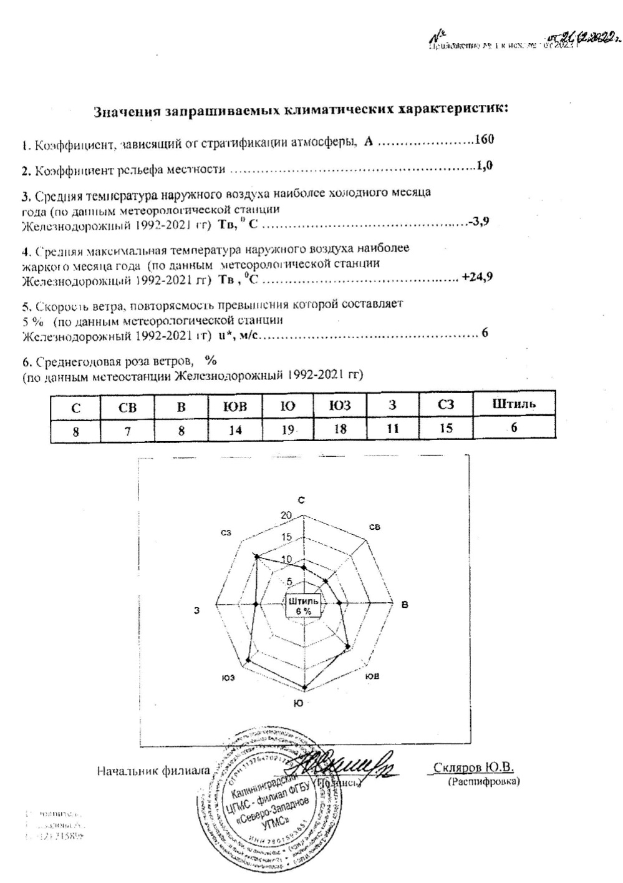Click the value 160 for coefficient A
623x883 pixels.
point(484,139)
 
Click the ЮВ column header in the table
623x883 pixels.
point(234,406)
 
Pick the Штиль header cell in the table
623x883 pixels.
point(513,404)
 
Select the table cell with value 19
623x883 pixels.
point(287,429)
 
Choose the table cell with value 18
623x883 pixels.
point(340,429)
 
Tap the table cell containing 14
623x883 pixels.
point(234,429)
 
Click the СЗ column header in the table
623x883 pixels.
point(446,405)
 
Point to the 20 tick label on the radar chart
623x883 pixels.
point(286,515)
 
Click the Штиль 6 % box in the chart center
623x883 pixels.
point(303,606)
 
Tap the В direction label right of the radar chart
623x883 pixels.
point(405,604)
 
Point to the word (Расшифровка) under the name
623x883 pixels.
point(483,781)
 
